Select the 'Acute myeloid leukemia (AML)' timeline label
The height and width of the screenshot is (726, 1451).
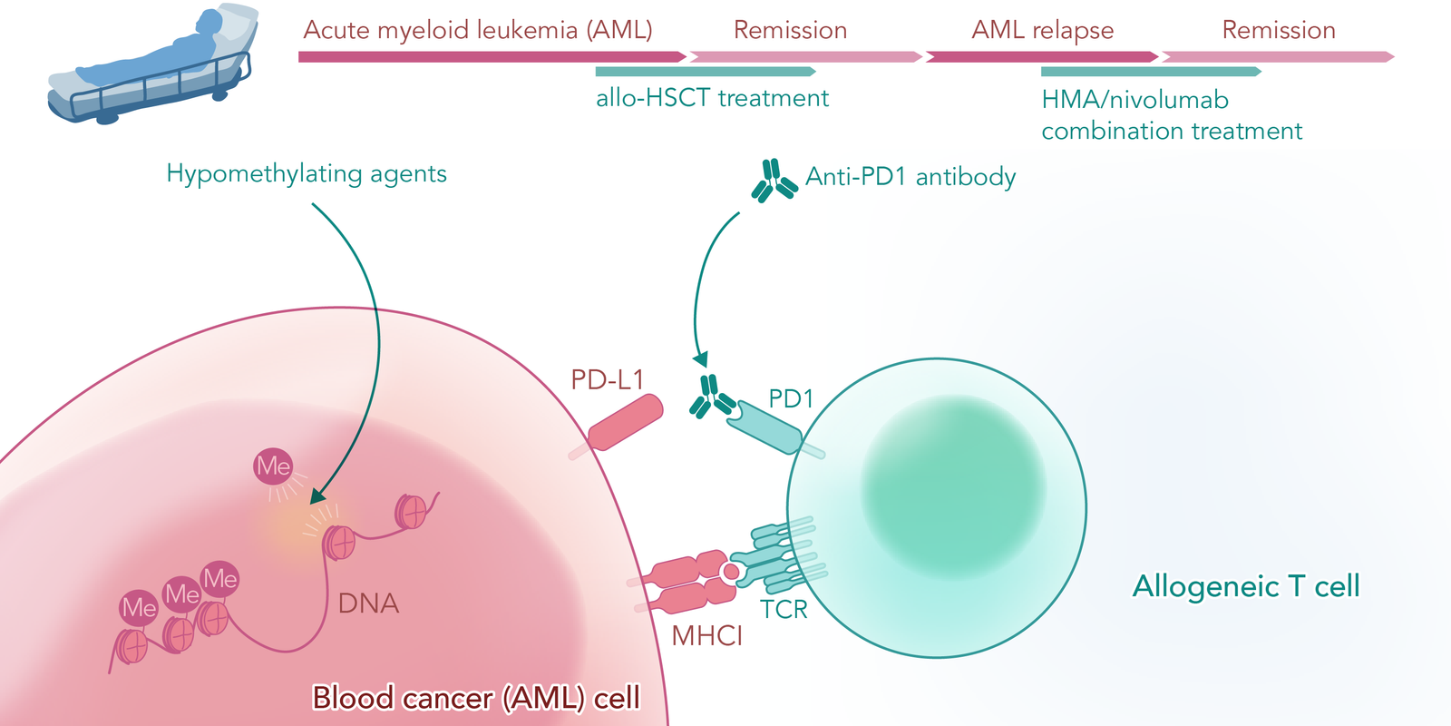tap(477, 31)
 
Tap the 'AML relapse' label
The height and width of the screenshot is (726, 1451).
tap(1042, 31)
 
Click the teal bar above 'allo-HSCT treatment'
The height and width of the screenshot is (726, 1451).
tap(706, 72)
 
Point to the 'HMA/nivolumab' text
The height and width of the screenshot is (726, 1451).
tap(1135, 100)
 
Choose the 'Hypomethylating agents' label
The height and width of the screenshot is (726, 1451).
tap(307, 173)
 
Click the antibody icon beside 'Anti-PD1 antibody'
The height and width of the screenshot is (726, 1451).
tap(774, 181)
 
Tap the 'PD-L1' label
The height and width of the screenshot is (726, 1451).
tap(607, 380)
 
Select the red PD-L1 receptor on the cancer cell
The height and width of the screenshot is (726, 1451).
tap(625, 423)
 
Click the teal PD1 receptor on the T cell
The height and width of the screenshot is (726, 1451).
tap(765, 427)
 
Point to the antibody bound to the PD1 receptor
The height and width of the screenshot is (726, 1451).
tap(712, 396)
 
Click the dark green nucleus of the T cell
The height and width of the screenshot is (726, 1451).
tap(953, 486)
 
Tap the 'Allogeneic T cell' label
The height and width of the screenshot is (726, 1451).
tap(1246, 586)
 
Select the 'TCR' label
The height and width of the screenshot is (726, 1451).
tap(784, 610)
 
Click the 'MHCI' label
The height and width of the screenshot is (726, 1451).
tap(706, 636)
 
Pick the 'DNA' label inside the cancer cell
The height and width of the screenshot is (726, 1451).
tap(368, 603)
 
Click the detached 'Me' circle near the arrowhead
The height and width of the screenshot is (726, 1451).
tap(273, 466)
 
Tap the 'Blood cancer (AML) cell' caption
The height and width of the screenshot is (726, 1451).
tap(476, 698)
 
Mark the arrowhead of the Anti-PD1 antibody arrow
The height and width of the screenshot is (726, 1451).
tap(700, 359)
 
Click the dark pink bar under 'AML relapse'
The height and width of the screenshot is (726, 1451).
tap(1042, 57)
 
